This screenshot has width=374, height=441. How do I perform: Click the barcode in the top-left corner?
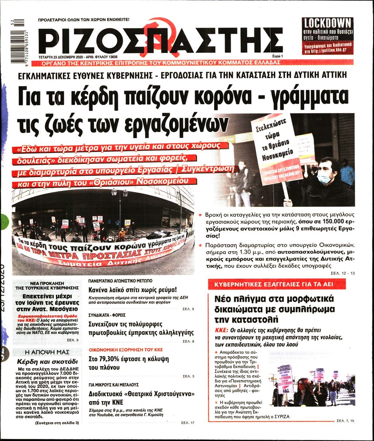(18, 40)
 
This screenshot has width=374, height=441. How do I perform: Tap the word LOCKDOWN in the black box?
(328, 23)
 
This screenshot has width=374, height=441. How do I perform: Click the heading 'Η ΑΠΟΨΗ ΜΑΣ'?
(47, 352)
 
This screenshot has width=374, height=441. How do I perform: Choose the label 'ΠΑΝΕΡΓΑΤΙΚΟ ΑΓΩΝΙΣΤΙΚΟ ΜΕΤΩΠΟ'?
(121, 281)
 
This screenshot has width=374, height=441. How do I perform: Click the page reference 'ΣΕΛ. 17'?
(188, 423)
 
